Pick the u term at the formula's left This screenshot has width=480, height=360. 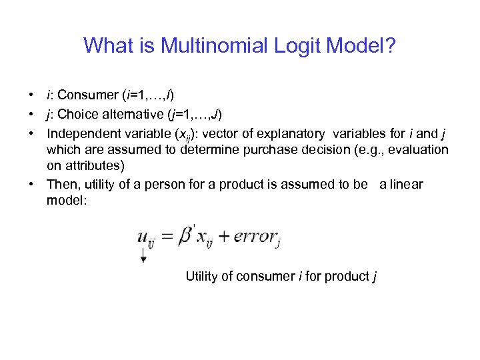(x=143, y=237)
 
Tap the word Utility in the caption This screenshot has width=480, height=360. (x=202, y=276)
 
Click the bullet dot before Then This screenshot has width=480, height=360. (x=32, y=183)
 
